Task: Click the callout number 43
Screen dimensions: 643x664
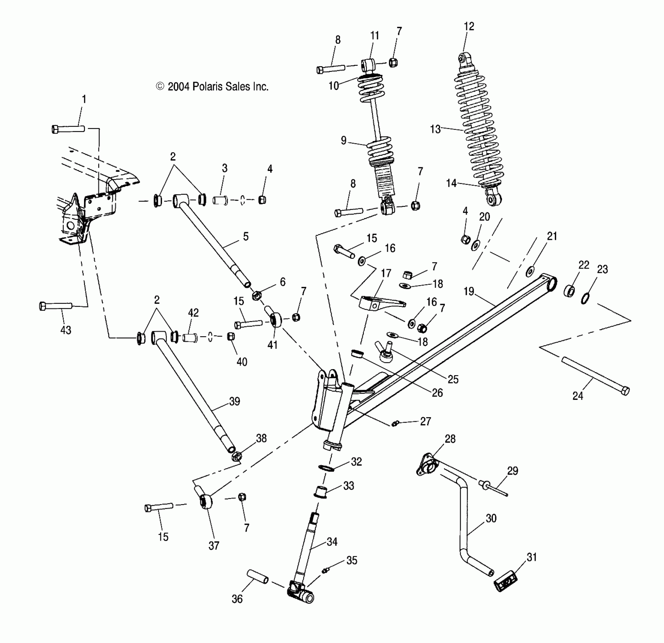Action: tap(65, 330)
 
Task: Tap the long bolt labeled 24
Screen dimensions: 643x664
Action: tap(594, 376)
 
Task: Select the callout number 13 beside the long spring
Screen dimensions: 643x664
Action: tap(435, 129)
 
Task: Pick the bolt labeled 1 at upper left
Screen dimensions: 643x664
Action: tap(68, 129)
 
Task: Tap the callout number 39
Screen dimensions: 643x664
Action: tap(235, 401)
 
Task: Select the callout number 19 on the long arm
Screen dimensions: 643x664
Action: tap(469, 291)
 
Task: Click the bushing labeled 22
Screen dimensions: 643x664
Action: tap(569, 291)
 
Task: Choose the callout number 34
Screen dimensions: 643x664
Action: tap(332, 542)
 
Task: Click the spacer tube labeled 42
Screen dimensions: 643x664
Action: tap(190, 337)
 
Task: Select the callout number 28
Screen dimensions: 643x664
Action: tap(450, 439)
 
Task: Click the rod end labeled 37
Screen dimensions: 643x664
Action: tap(206, 501)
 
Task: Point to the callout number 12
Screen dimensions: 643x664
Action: tap(469, 26)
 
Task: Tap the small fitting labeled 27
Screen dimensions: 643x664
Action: tap(395, 424)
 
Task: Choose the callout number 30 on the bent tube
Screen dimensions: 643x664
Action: tap(491, 518)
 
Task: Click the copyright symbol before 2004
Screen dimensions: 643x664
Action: tap(160, 87)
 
